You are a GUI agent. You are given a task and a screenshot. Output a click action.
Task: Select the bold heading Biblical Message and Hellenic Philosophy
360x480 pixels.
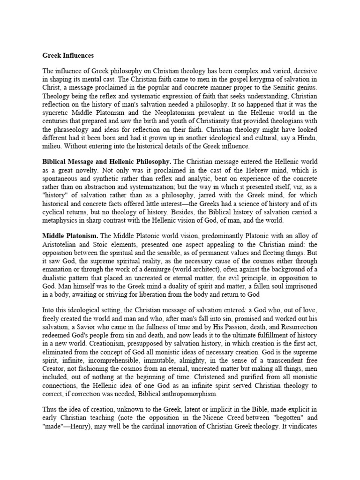coord(107,161)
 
